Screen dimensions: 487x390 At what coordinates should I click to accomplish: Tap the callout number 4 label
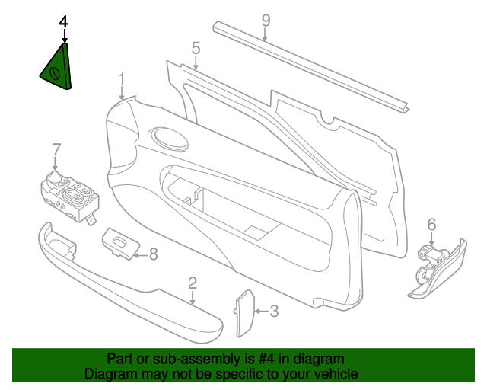tap(63, 22)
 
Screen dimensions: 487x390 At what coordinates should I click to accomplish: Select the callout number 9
tap(266, 21)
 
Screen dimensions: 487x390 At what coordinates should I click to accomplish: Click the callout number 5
tap(196, 48)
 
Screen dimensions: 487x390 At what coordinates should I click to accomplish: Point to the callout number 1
tap(122, 79)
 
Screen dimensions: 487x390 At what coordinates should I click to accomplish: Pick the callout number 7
tap(56, 149)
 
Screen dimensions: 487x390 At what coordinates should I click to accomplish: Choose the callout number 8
tap(154, 254)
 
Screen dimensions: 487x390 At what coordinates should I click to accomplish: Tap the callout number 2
tap(193, 283)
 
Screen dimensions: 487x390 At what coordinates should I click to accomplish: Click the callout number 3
tap(274, 311)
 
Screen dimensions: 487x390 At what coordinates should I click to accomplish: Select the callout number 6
tap(431, 225)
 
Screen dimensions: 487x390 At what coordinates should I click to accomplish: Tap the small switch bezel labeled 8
tap(121, 244)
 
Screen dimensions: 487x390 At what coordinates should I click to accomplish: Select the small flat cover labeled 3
tap(245, 314)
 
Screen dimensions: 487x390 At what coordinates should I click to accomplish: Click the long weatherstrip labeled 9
tap(310, 67)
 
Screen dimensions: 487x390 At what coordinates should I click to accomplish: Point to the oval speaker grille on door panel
tap(168, 139)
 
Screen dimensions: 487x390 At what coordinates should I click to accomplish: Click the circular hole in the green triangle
tap(55, 74)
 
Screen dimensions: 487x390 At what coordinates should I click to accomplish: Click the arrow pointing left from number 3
tap(262, 311)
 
